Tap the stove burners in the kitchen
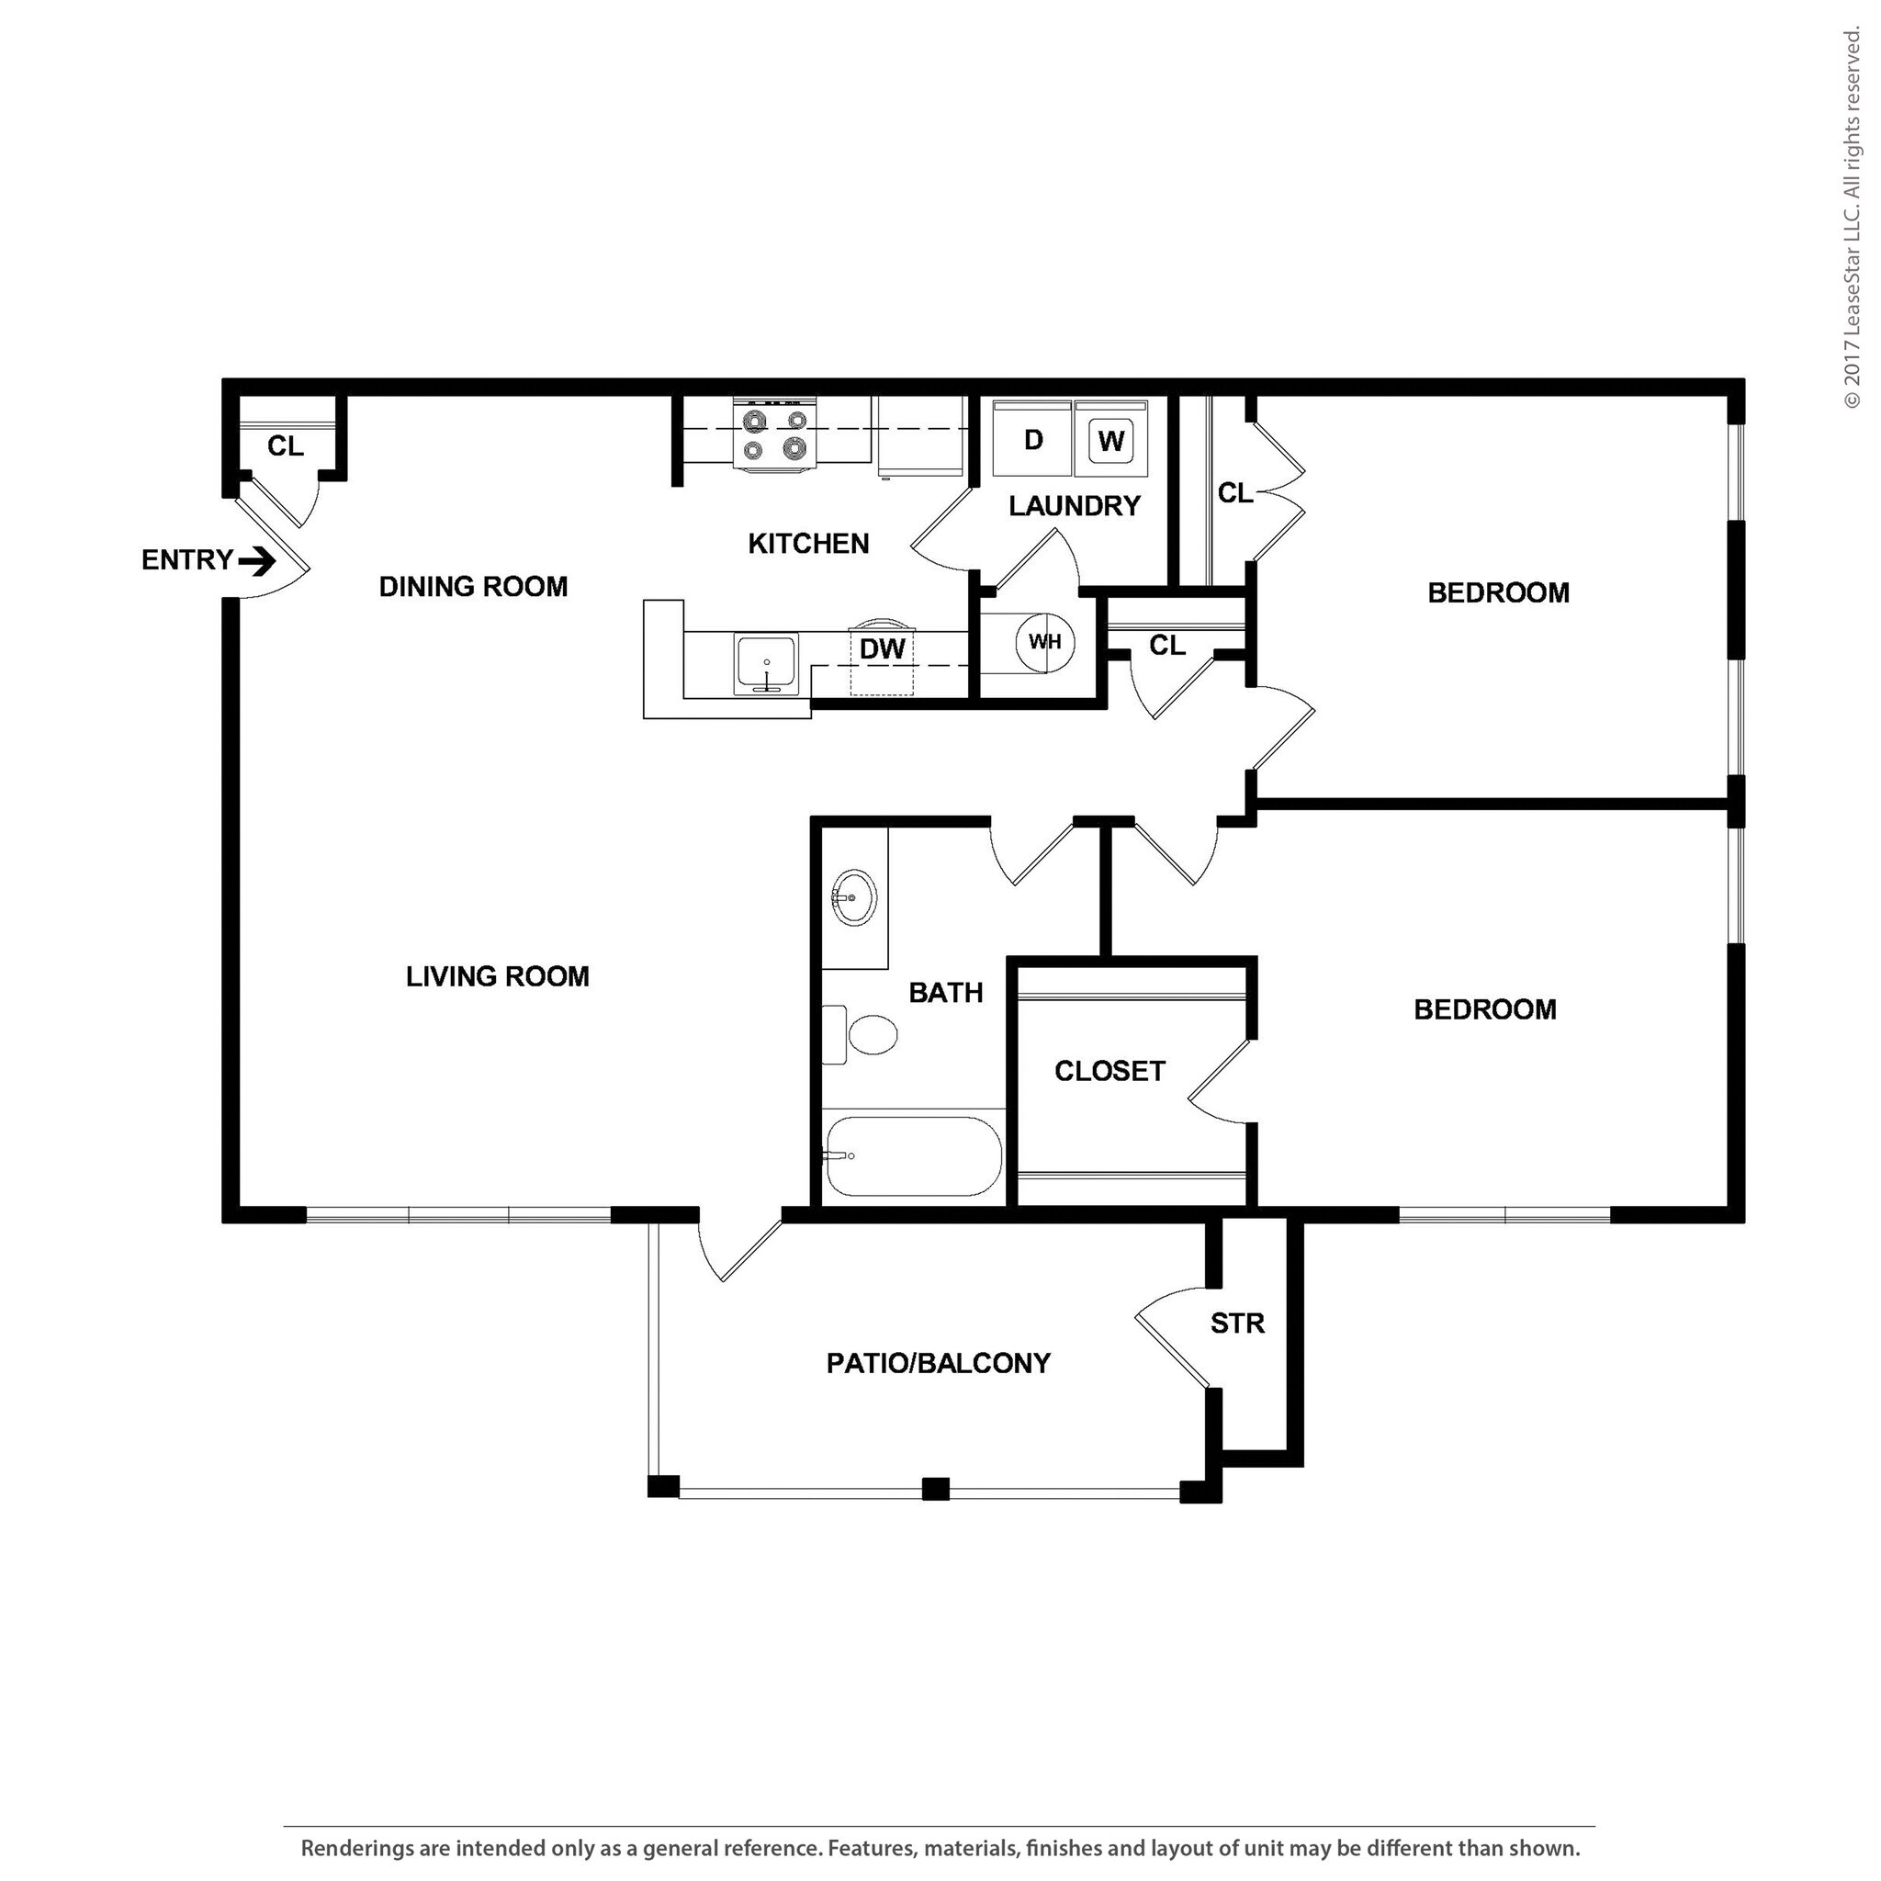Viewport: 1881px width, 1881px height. tap(775, 434)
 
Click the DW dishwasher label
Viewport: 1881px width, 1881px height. tap(882, 649)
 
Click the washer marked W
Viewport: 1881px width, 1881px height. tap(1111, 440)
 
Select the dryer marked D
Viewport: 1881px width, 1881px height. tap(1033, 440)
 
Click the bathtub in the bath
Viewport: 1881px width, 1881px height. tap(912, 1155)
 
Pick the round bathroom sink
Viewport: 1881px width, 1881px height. tap(854, 895)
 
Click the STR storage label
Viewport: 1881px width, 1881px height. tap(1237, 1323)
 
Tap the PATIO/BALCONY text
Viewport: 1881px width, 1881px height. tap(938, 1363)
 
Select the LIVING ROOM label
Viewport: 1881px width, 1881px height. tap(498, 976)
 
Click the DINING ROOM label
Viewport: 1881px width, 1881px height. tap(473, 587)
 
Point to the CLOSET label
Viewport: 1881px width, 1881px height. tap(1109, 1071)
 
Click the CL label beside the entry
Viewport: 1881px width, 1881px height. tap(286, 445)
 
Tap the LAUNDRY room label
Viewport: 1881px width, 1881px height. tap(1074, 506)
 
